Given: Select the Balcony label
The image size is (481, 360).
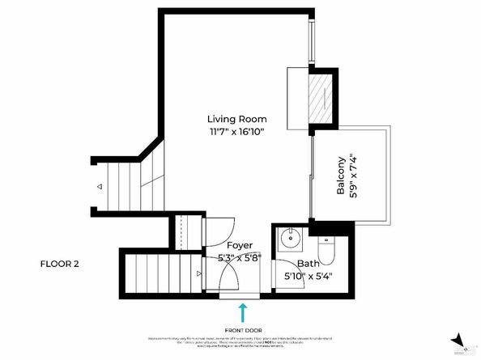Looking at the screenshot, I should (x=341, y=176).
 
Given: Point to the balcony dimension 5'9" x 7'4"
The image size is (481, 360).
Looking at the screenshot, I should (x=353, y=176).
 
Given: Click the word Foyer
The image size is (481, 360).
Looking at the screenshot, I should (x=239, y=245).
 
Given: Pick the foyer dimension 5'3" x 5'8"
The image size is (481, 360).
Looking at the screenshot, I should (x=239, y=257).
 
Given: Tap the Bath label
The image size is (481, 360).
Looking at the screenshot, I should (x=308, y=263).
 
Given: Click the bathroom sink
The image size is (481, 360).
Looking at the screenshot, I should (x=289, y=239).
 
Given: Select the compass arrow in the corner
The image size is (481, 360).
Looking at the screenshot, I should (x=458, y=340).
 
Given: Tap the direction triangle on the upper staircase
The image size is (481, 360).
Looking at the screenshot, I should (x=100, y=187).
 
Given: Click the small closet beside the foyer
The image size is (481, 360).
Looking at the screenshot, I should (x=188, y=232).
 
